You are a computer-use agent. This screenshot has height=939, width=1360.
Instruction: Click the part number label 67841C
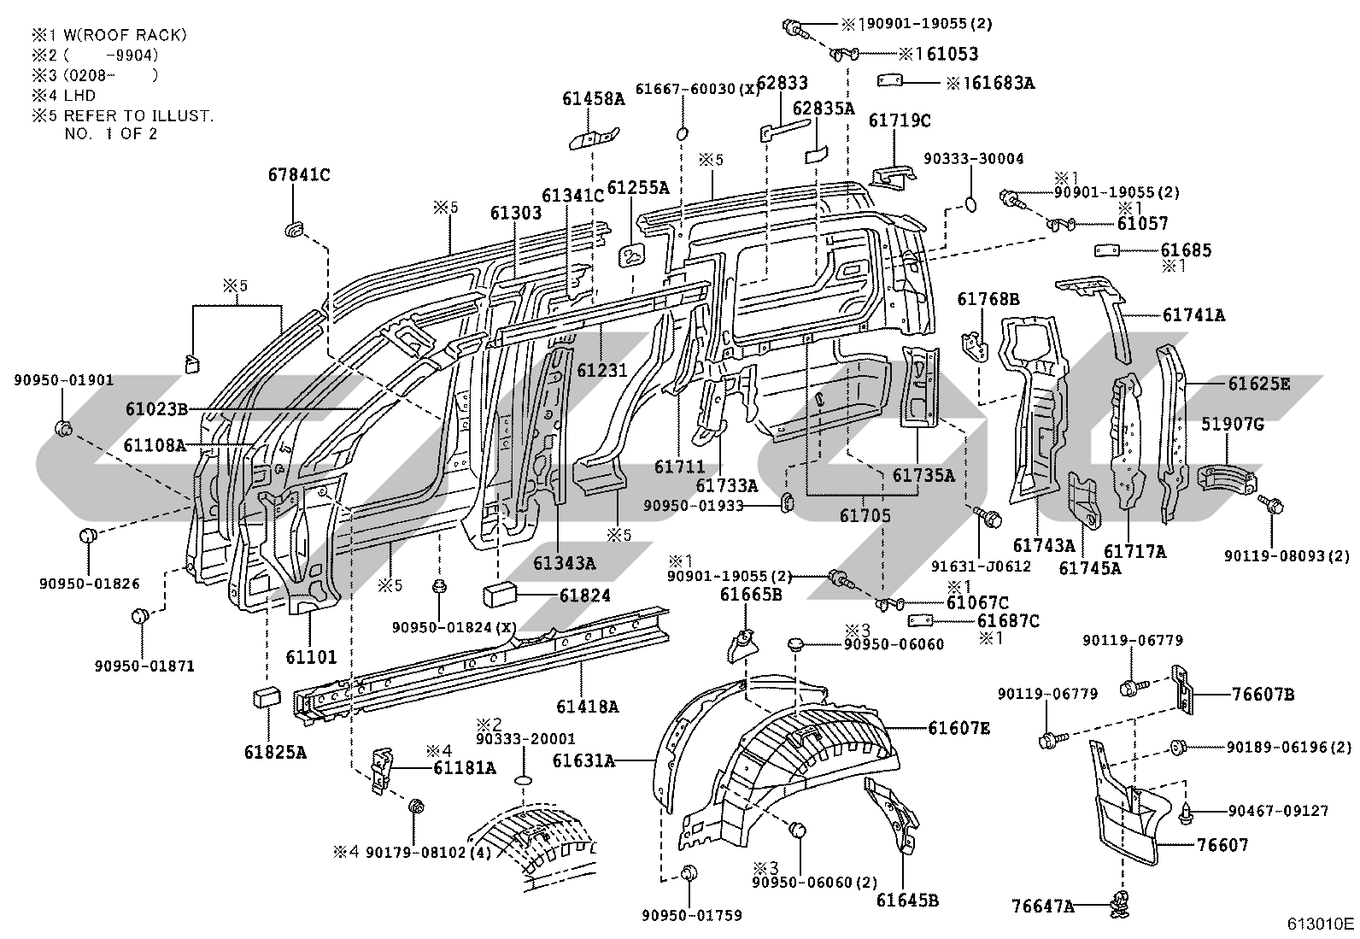pos(299,175)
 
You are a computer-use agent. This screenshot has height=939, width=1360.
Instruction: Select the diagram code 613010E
pos(1321,924)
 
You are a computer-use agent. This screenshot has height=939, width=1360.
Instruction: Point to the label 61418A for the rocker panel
pos(587,707)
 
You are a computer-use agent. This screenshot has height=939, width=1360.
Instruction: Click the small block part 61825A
pos(267,697)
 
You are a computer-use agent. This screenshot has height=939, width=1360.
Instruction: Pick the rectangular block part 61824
pos(500,595)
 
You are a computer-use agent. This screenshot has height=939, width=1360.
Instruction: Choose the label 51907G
pos(1232,424)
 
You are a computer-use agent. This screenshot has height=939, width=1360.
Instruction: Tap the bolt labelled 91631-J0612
pos(987,518)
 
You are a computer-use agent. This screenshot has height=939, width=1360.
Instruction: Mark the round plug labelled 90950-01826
pos(89,537)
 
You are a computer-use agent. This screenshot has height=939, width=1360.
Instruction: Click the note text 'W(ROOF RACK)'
pos(125,35)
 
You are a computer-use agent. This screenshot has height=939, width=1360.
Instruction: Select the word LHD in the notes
pos(80,96)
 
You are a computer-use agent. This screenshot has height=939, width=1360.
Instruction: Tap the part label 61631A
pos(583,760)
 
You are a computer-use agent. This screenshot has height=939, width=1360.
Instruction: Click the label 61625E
pos(1259,384)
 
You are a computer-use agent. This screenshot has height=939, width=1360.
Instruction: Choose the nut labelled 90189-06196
pos(1177,747)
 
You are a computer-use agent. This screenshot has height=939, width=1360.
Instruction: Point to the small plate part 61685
pos(1107,250)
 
